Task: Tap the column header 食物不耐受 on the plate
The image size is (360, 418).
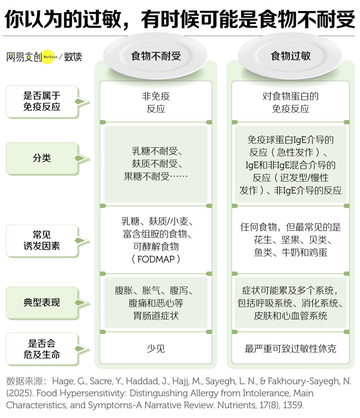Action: tap(156, 56)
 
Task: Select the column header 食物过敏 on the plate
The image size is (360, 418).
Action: tap(291, 56)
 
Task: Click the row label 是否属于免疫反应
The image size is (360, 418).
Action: tap(42, 101)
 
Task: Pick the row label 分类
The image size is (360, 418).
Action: tap(42, 158)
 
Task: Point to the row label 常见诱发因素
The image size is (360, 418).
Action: tap(42, 240)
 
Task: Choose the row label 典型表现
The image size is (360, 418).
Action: tap(42, 302)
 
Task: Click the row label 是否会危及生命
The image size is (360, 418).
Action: tap(42, 349)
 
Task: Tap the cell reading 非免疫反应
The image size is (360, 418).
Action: tap(156, 102)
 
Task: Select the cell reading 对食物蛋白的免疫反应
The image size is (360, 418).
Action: tap(291, 102)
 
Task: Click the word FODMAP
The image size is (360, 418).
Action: tap(156, 259)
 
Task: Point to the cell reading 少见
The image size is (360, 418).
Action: tap(156, 349)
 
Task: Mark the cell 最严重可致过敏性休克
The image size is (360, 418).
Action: tap(291, 349)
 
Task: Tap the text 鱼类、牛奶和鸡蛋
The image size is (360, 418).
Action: tap(291, 252)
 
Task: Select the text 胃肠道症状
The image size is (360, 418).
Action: tap(156, 316)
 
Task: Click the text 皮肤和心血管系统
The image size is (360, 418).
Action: tap(291, 316)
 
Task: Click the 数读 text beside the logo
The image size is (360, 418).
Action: tap(73, 57)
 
